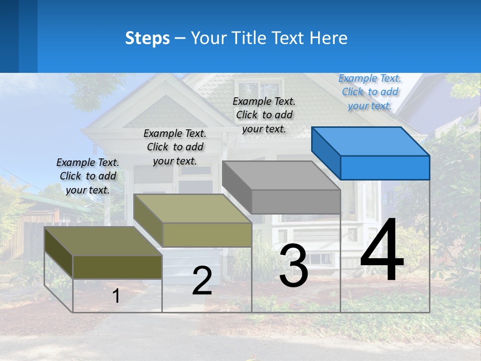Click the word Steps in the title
147,38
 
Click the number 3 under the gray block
294,266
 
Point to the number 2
202,281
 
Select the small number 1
116,296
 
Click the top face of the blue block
371,141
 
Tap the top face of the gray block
281,175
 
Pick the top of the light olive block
193,209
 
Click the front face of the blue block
385,167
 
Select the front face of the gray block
296,202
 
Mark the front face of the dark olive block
117,267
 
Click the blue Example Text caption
370,92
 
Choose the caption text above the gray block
264,115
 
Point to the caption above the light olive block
175,147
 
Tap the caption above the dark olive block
88,176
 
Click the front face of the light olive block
207,235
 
